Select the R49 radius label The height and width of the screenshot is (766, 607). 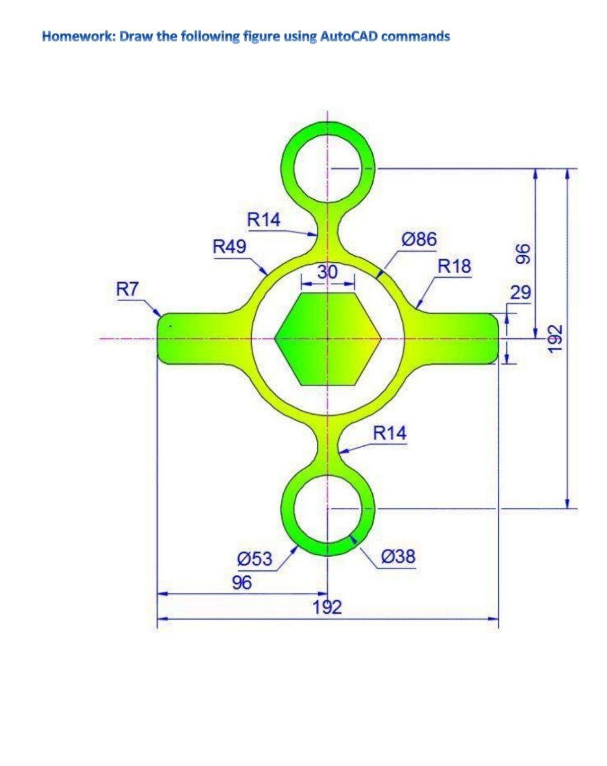(x=229, y=246)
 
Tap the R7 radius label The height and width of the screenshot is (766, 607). (x=127, y=290)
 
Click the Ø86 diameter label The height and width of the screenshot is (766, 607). (x=418, y=239)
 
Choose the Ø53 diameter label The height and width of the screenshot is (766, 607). (x=255, y=560)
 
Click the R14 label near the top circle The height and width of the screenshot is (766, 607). (x=264, y=220)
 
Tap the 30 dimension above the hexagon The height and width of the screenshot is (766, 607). (x=327, y=272)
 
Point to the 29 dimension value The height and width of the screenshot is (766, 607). (x=520, y=293)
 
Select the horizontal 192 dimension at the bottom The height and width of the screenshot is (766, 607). (x=327, y=607)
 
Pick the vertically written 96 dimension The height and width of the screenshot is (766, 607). (x=523, y=254)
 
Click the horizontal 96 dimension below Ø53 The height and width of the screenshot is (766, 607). (x=242, y=582)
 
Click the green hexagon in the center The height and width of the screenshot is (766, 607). (x=327, y=339)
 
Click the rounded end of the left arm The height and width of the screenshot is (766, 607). (x=163, y=338)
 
